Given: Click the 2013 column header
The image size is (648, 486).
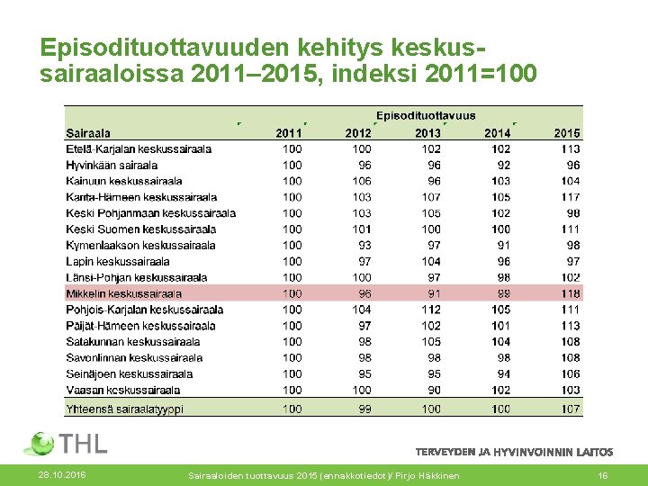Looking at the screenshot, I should tap(428, 133).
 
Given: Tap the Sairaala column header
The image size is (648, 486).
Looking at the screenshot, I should tap(88, 133).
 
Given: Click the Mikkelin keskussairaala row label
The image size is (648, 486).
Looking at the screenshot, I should tap(123, 293).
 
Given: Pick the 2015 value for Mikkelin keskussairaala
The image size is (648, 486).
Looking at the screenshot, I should tap(569, 293).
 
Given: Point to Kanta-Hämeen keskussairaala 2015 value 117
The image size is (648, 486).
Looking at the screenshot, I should tap(569, 197).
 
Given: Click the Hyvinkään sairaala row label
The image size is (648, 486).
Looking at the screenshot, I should tap(112, 166).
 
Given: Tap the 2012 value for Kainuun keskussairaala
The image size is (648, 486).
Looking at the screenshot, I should tap(360, 181).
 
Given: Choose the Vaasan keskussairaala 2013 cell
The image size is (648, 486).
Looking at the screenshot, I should tap(433, 390).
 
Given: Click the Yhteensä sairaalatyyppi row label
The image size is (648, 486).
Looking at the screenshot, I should tap(124, 409).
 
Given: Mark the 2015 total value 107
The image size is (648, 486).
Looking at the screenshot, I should tap(569, 409).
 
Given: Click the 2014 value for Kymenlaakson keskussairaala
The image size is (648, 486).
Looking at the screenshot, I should tap(501, 245).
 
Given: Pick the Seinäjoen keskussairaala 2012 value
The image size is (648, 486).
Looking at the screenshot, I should tap(363, 373).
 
